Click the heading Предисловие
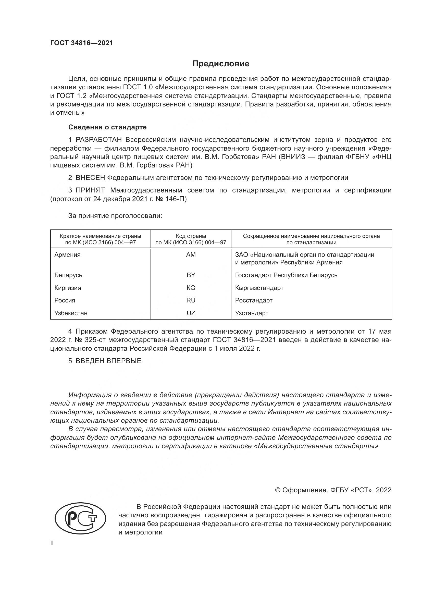click(x=221, y=64)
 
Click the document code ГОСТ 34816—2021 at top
click(x=82, y=43)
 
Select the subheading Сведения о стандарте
click(x=107, y=127)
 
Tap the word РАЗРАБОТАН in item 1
click(x=99, y=140)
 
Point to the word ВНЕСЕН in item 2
click(x=90, y=178)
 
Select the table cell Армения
click(x=68, y=255)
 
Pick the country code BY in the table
click(x=191, y=275)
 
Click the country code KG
click(x=191, y=288)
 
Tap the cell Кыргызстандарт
click(x=259, y=288)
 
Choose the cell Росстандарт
click(x=254, y=300)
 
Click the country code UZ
click(x=191, y=313)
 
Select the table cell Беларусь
click(x=68, y=275)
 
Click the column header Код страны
click(x=191, y=236)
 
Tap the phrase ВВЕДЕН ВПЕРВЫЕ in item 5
click(x=108, y=361)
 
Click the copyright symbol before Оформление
click(x=278, y=490)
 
